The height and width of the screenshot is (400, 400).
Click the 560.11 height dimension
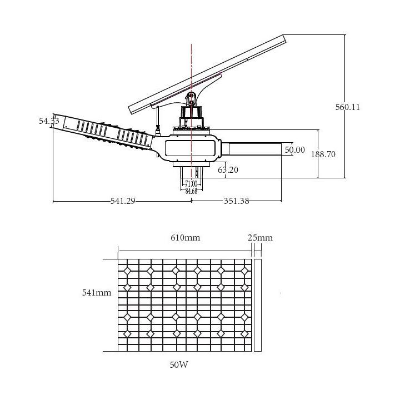347,107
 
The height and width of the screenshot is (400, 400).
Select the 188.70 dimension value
323,155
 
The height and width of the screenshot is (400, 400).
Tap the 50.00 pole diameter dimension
294,150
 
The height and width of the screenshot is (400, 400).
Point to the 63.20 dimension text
228,170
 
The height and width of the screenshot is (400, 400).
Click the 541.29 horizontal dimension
123,201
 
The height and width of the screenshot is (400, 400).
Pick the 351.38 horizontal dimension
236,201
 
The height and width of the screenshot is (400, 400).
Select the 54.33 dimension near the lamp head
49,121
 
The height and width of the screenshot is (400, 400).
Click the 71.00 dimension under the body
191,184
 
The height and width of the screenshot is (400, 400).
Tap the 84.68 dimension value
191,191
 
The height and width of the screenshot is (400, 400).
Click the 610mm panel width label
185,238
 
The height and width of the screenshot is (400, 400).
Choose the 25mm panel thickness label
260,238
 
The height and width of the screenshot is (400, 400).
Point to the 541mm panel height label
97,292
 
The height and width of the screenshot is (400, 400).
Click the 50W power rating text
179,366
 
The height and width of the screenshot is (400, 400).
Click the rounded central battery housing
191,148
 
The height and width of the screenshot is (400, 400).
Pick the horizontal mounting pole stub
256,148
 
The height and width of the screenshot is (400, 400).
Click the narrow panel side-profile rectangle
257,305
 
